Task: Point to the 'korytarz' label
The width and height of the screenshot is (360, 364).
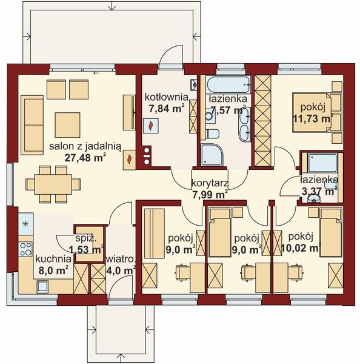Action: pos(208,183)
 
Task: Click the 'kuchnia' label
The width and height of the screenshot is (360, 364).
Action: pos(38,258)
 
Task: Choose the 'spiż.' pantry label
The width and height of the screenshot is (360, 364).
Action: pos(85,239)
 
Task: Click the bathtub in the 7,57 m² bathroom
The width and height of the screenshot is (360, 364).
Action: pos(224,84)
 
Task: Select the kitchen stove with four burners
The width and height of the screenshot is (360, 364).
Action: pos(25,248)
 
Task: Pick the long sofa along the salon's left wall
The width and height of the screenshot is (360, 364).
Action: pos(31,115)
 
